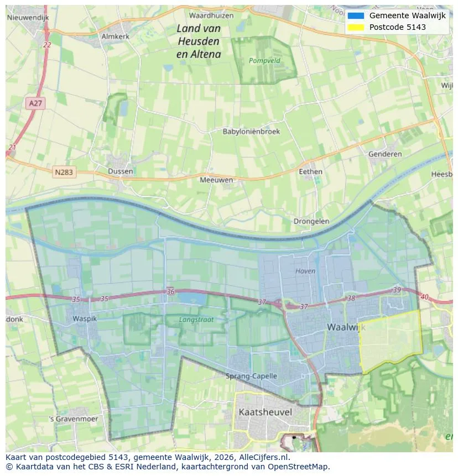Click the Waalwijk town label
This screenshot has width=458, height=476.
[x=346, y=327]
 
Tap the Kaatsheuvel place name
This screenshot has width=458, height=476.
[x=265, y=412]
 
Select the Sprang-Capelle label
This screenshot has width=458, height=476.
[x=251, y=376]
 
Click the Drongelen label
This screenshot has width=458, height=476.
[x=311, y=221]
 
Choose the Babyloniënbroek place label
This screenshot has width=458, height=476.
[x=251, y=132]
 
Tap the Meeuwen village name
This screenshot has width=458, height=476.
[x=216, y=180]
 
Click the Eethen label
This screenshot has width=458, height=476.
[x=310, y=171]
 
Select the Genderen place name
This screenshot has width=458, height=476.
[x=385, y=154]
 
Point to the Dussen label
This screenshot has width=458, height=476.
[x=121, y=171]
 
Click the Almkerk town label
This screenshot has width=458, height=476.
[x=115, y=36]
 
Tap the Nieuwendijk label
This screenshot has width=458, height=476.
[x=28, y=18]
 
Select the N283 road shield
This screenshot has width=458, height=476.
[x=64, y=172]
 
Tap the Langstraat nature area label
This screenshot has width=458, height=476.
[x=195, y=320]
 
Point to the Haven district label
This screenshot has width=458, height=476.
[x=305, y=271]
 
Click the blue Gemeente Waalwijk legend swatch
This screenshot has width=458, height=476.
[x=356, y=15]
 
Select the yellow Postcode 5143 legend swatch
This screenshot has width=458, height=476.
[x=356, y=27]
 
